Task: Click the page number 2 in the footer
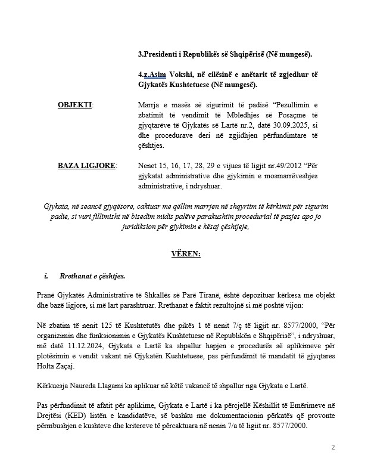333,447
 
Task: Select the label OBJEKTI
74,105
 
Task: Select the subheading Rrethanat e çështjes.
92,277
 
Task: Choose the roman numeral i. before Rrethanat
46,277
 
